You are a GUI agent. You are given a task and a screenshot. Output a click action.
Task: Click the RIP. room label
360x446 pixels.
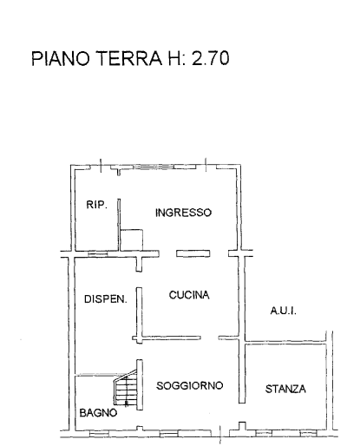coord(96,205)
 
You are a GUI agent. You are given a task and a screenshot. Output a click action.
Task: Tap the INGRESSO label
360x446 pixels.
coord(183,213)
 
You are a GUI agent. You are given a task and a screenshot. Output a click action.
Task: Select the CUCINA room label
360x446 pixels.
coord(189,295)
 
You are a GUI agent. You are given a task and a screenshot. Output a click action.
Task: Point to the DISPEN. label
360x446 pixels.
coord(106,299)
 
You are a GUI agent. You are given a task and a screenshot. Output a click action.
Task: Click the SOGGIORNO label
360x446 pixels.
coord(190,385)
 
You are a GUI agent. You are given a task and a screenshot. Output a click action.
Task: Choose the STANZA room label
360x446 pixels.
coord(285,389)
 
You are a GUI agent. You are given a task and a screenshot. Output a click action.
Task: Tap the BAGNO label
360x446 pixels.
coord(98,413)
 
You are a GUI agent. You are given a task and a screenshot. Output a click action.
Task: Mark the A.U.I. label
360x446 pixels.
coord(284,311)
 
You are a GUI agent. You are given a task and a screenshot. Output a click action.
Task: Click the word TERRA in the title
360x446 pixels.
coord(128,58)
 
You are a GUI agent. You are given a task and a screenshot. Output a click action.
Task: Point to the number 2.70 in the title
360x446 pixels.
coord(211,58)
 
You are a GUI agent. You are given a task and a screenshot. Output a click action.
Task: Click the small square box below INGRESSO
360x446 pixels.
coord(132,240)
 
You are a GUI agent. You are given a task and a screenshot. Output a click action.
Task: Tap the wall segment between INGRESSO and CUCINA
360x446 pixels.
coord(193,253)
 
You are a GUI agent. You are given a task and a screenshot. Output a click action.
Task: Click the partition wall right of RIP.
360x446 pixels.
coord(119,225)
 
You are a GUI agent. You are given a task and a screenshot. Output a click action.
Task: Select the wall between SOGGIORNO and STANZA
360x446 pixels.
coord(242,371)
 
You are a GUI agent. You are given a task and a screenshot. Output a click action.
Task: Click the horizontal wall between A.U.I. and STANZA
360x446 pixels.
coord(285,343)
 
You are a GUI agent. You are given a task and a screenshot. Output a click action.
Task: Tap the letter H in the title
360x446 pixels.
coord(173,58)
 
